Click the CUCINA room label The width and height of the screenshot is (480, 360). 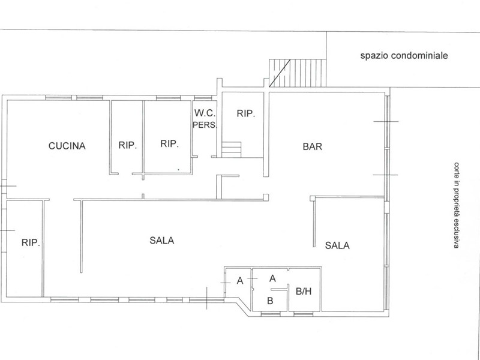click(68, 146)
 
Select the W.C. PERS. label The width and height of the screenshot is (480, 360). click(204, 118)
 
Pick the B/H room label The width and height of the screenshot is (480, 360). click(304, 292)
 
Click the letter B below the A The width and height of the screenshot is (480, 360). click(270, 300)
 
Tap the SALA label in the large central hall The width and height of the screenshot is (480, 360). click(161, 241)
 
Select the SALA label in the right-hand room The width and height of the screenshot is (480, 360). click(337, 245)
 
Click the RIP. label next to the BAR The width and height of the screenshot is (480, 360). click(245, 113)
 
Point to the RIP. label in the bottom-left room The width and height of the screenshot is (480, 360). click(30, 243)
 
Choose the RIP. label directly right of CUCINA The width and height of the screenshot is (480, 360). click(128, 145)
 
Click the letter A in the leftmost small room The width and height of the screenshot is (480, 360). click(239, 280)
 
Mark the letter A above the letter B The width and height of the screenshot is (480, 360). click(272, 278)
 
